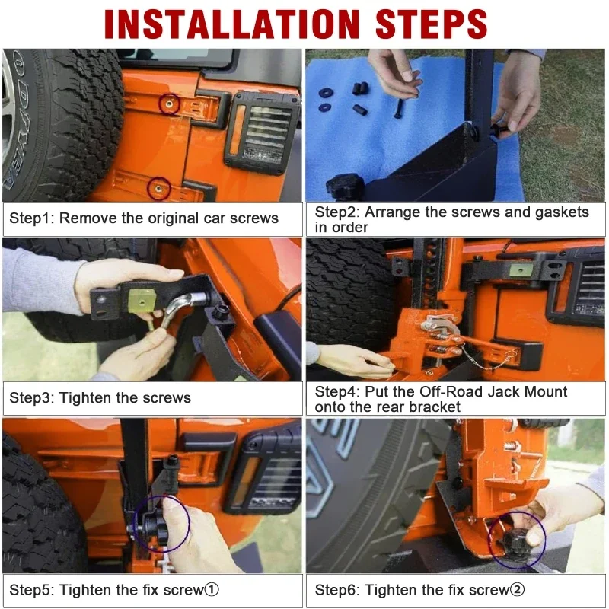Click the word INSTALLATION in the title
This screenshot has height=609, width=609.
[232, 24]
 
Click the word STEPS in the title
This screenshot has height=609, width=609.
[432, 24]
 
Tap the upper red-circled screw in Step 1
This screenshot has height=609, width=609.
[169, 104]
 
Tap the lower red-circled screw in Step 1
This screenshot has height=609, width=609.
[159, 189]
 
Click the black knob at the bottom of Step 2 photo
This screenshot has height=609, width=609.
[345, 187]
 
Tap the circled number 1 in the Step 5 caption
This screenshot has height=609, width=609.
[212, 589]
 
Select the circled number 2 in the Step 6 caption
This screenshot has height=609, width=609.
[517, 589]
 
